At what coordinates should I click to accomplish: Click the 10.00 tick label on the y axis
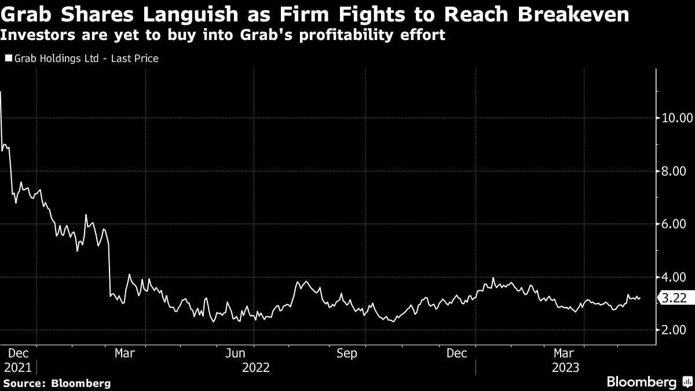pos(676,118)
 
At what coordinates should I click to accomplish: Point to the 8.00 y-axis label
pos(673,171)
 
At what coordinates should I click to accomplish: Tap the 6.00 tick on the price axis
pos(673,224)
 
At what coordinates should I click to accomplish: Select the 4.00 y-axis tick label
pos(673,277)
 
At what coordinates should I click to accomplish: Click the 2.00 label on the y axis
pos(673,330)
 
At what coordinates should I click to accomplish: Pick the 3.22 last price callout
pos(672,298)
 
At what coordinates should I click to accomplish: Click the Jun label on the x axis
pos(235,353)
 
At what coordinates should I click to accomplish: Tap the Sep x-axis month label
pos(347,353)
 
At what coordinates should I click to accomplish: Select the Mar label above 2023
pos(564,353)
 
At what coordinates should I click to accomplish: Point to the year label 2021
pos(18,368)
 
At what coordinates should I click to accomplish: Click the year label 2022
pos(256,368)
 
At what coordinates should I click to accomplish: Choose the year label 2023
pos(566,368)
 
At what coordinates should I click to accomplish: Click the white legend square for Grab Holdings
pos(9,58)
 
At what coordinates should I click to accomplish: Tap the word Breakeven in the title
pos(573,14)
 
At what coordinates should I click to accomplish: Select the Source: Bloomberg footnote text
pos(57,383)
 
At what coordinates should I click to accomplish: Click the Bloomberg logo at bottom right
pos(650,382)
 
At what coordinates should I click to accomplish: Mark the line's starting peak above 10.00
pos(1,92)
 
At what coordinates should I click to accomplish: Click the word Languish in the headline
pos(190,14)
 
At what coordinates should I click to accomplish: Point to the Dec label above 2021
pos(19,353)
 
